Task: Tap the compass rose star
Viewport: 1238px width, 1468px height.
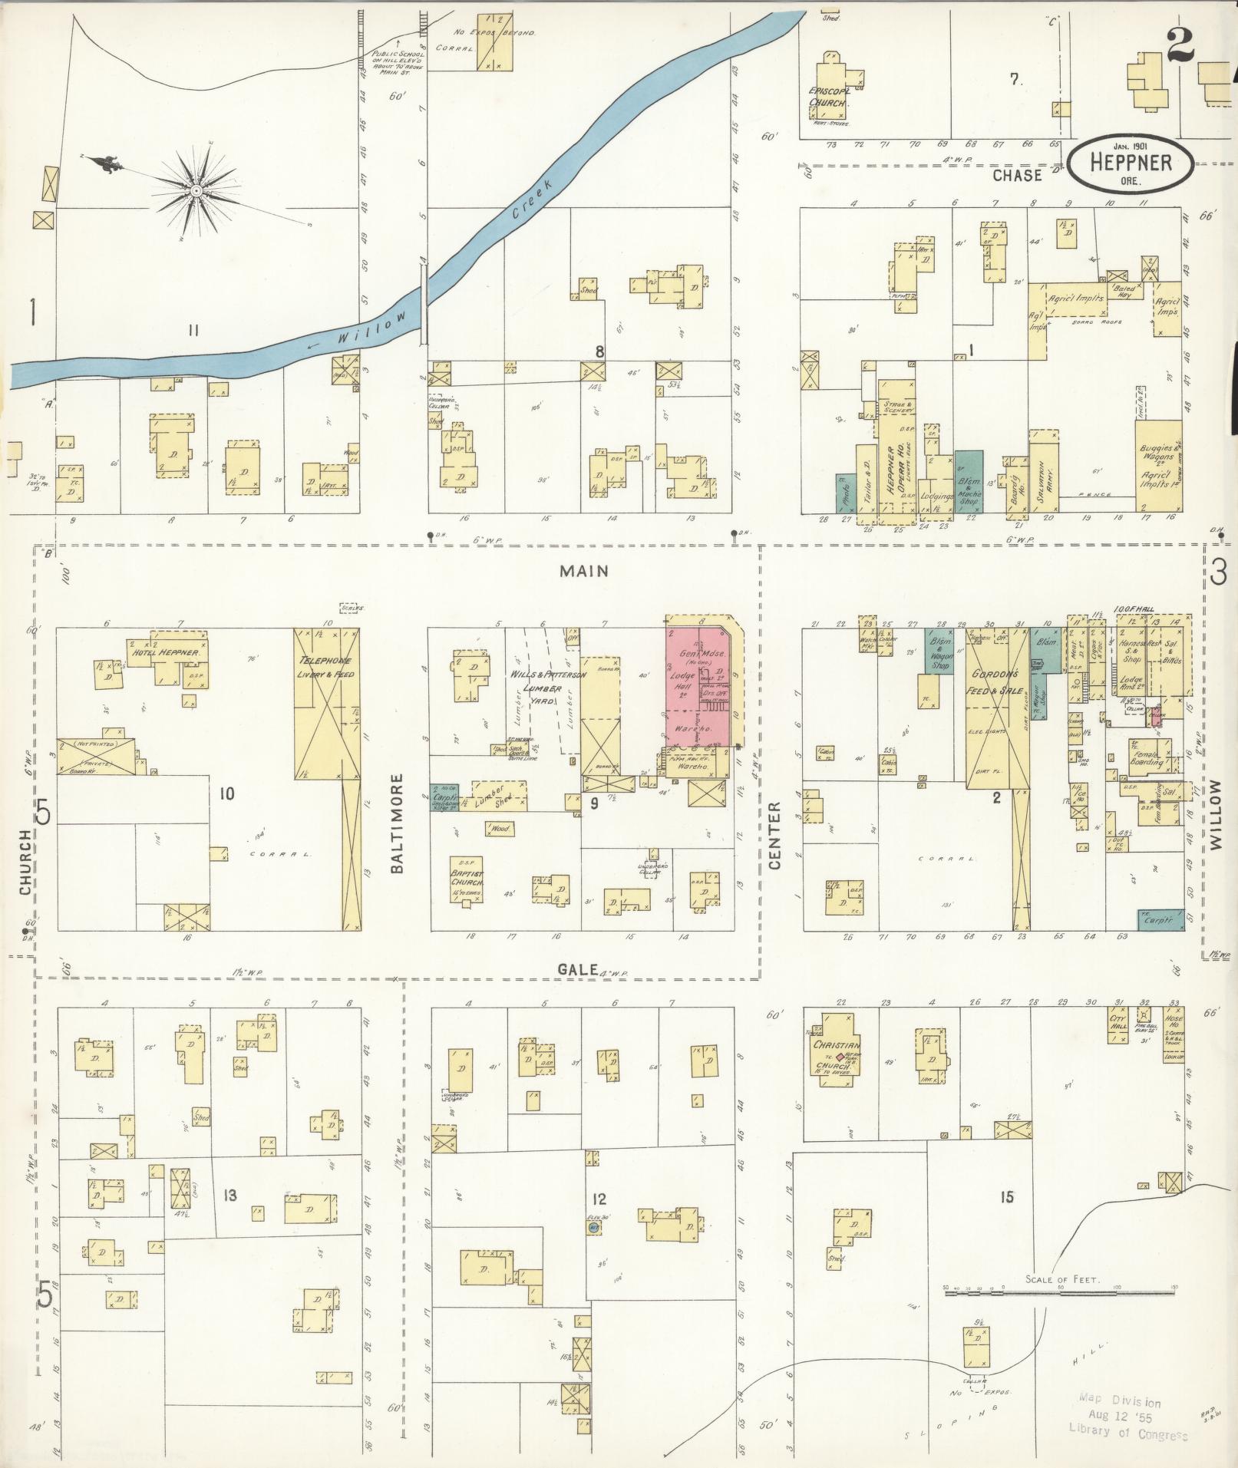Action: click(x=196, y=189)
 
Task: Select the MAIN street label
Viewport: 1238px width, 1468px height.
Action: click(x=584, y=571)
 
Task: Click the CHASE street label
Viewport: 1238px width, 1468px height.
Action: click(x=1018, y=175)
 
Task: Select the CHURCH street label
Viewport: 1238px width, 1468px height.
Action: click(x=25, y=862)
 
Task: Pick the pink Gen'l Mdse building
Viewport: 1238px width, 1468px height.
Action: click(x=700, y=683)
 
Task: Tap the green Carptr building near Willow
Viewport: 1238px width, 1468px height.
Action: click(x=1160, y=919)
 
